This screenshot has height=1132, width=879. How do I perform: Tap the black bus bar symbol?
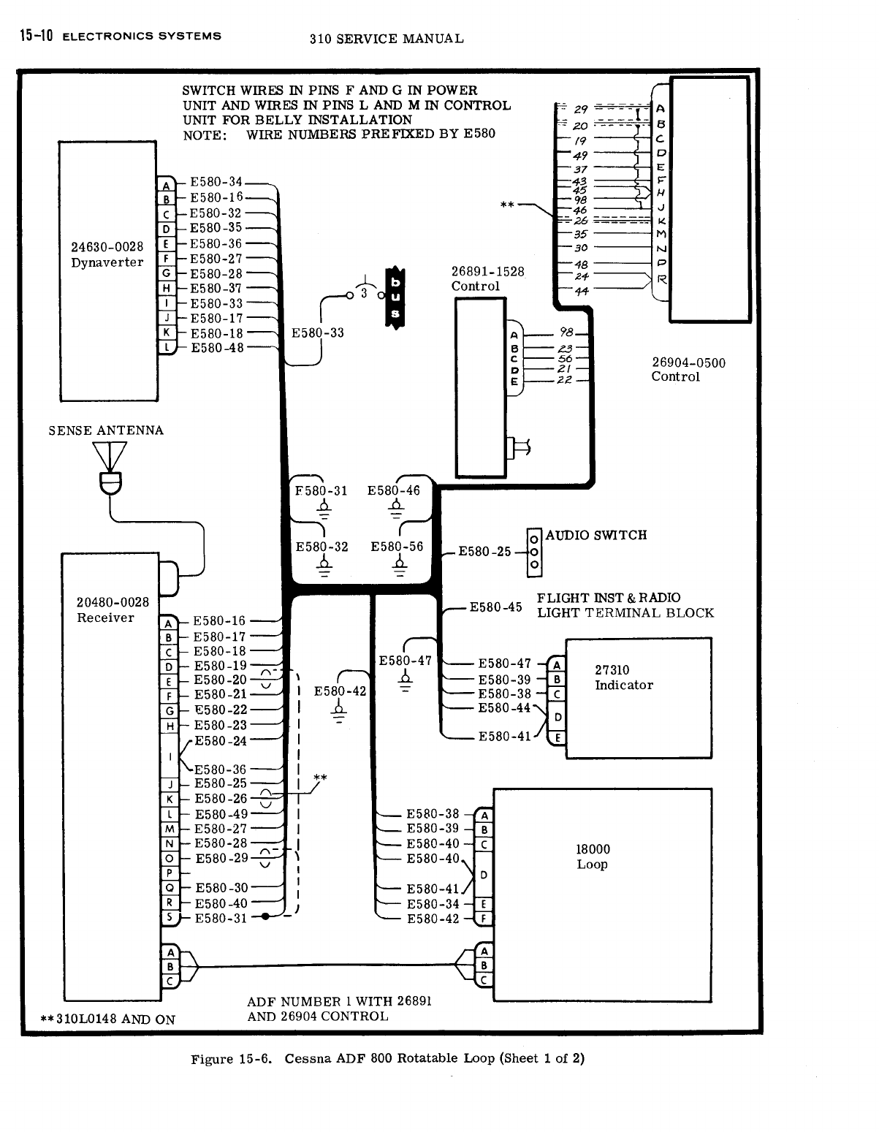[x=395, y=298]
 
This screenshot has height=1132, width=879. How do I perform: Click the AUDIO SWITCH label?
[x=595, y=535]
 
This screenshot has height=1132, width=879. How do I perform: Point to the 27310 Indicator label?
[x=623, y=677]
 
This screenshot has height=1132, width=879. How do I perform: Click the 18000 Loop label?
[x=592, y=856]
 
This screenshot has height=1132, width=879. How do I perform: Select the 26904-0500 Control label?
[x=688, y=370]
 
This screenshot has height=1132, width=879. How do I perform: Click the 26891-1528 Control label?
[x=487, y=278]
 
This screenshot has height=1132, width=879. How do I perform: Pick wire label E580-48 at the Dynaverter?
[x=217, y=348]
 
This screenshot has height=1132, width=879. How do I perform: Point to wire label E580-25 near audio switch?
[x=484, y=551]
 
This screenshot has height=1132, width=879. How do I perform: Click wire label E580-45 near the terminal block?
[x=495, y=607]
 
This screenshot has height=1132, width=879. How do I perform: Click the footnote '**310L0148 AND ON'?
[x=109, y=1019]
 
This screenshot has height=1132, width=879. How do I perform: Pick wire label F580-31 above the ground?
[x=321, y=491]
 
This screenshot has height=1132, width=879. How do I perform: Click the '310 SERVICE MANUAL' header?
[x=386, y=39]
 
